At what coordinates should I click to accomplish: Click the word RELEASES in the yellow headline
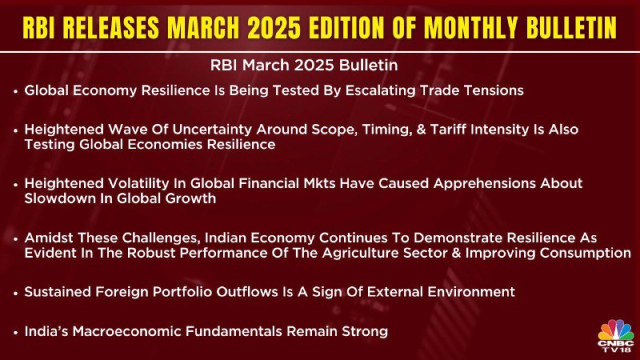(x=111, y=27)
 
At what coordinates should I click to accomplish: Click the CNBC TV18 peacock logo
(x=616, y=335)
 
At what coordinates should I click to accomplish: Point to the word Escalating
(x=381, y=90)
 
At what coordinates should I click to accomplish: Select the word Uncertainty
(x=212, y=130)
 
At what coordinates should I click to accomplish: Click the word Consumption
(x=586, y=253)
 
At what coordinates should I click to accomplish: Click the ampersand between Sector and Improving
(x=456, y=253)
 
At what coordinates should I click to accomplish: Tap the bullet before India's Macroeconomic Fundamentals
(x=15, y=332)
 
